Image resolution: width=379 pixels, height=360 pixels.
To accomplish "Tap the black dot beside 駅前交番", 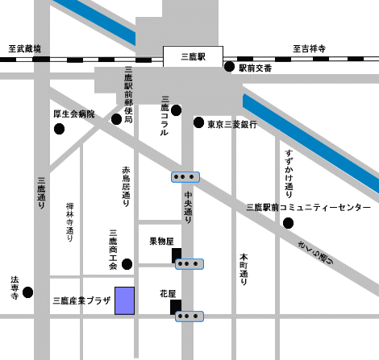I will point(229,68).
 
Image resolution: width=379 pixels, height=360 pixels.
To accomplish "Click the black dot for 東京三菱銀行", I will point(198,123).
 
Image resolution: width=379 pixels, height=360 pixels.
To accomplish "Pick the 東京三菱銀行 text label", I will point(232,124).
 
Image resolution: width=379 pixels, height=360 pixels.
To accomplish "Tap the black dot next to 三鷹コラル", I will point(176,110).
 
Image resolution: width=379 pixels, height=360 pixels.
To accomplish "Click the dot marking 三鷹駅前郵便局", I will point(116,119).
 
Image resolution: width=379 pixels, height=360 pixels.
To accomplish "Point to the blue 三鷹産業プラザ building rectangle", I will point(124,300).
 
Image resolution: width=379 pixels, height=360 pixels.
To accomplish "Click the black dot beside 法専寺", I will point(28,292).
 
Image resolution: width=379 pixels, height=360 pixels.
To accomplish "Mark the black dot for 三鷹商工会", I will point(127,264).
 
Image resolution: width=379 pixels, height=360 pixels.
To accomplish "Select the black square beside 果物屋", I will point(177,255).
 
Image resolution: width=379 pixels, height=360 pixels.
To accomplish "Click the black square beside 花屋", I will point(177,306).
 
